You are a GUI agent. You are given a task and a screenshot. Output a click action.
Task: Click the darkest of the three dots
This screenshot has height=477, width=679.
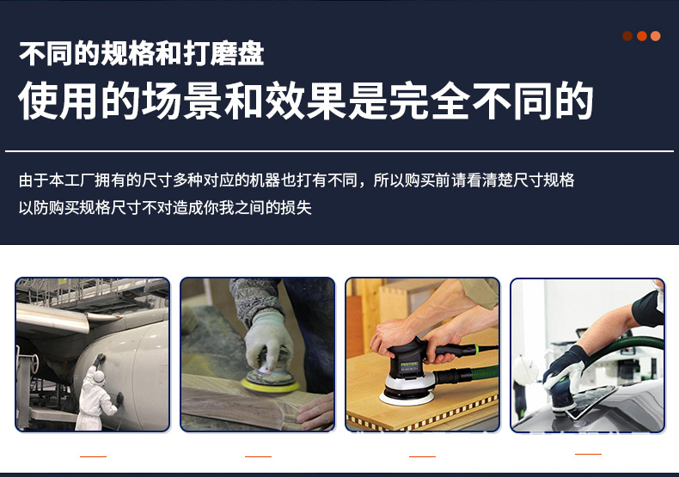pos(627,36)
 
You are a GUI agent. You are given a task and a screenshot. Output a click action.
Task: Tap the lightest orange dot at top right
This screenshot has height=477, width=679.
pos(656,36)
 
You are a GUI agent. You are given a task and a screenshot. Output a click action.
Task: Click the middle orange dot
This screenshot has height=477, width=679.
pos(641,36)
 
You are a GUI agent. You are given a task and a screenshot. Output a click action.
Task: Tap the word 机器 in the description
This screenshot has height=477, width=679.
pos(266,180)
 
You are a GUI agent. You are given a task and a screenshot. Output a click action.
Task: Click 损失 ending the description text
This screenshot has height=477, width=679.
pos(297,208)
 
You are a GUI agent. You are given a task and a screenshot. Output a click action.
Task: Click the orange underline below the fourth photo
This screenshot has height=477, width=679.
pos(588,453)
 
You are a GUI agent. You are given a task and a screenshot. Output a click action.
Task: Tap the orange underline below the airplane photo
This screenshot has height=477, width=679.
pos(93,456)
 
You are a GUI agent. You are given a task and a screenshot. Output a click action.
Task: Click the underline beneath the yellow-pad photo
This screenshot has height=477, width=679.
pos(258,456)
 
